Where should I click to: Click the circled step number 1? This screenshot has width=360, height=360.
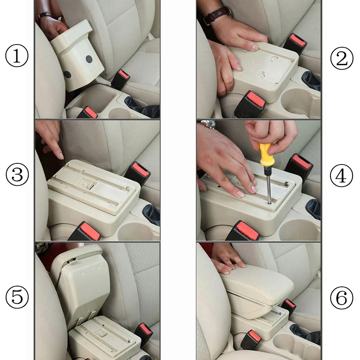[x=17, y=57]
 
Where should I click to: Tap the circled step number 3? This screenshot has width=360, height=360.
[x=17, y=175]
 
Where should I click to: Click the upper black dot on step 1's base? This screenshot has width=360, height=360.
[x=89, y=59]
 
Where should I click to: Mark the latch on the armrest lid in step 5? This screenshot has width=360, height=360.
[x=71, y=262]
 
